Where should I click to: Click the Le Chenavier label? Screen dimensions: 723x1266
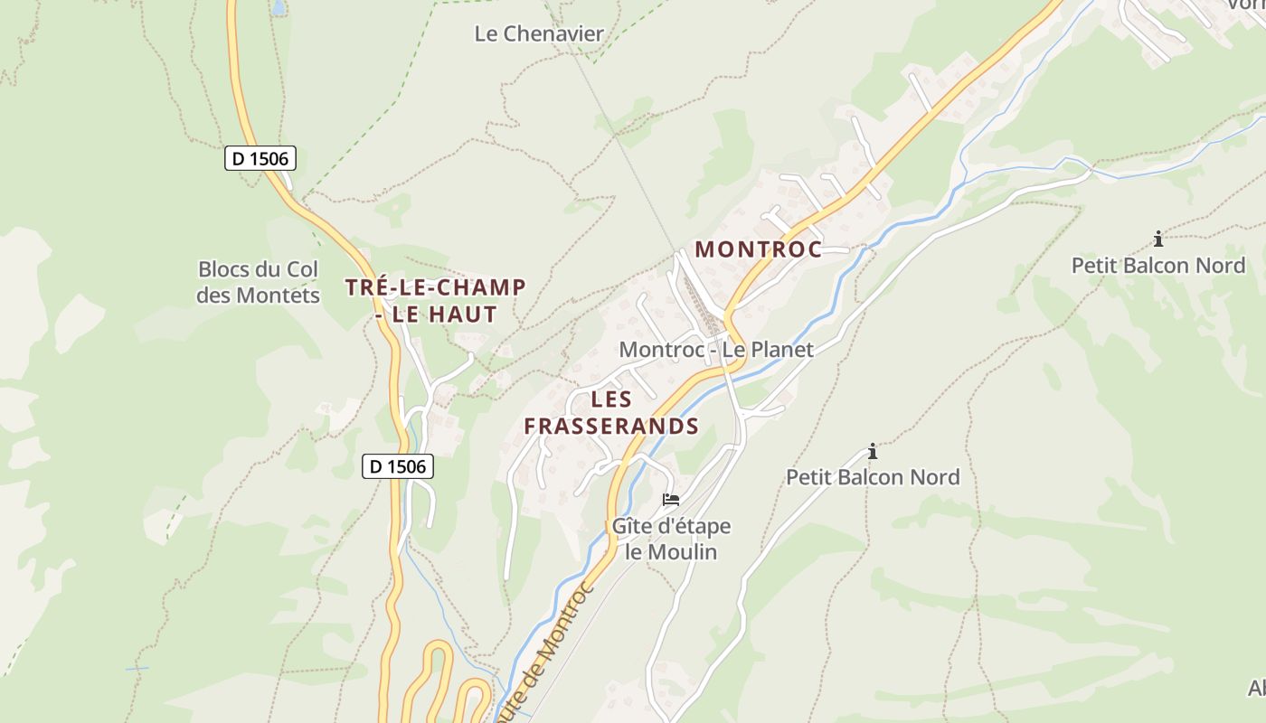[539, 34]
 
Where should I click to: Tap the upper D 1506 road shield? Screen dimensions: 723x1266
[260, 158]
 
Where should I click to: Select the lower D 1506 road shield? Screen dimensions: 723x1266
[399, 466]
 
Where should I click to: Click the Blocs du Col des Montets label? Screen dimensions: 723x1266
[259, 282]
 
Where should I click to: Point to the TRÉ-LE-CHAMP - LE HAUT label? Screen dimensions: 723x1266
[436, 301]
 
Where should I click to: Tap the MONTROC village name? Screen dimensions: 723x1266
[758, 249]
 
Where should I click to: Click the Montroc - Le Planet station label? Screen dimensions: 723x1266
[716, 350]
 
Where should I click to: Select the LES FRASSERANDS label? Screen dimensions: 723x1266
[611, 412]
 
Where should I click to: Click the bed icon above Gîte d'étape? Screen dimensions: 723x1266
[670, 499]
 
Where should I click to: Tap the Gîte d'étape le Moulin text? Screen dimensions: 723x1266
[671, 539]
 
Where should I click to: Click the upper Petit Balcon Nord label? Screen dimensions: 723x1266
[1157, 265]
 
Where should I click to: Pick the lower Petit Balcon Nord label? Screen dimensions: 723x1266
[873, 476]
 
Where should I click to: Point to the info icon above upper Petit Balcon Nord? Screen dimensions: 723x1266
[1158, 239]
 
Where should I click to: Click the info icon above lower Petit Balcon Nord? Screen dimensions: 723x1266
[873, 450]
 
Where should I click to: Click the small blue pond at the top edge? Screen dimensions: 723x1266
[279, 6]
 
